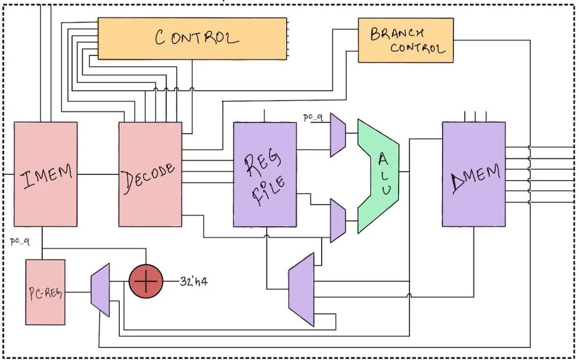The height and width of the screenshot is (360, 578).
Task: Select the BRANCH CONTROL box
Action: click(x=405, y=40)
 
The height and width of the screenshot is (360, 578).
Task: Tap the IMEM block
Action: click(x=45, y=174)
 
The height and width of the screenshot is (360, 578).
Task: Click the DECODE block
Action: click(x=150, y=174)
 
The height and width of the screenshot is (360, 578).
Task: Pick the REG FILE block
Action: click(x=265, y=174)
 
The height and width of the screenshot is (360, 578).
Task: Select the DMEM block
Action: click(x=474, y=174)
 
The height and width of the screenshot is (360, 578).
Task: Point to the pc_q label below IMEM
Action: click(x=20, y=242)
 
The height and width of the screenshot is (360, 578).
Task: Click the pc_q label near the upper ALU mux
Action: click(x=313, y=118)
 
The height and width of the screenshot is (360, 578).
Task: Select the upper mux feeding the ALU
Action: click(x=338, y=135)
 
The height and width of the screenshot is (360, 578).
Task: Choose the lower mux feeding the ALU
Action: click(x=338, y=220)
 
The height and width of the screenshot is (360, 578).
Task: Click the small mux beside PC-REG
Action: click(x=101, y=289)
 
